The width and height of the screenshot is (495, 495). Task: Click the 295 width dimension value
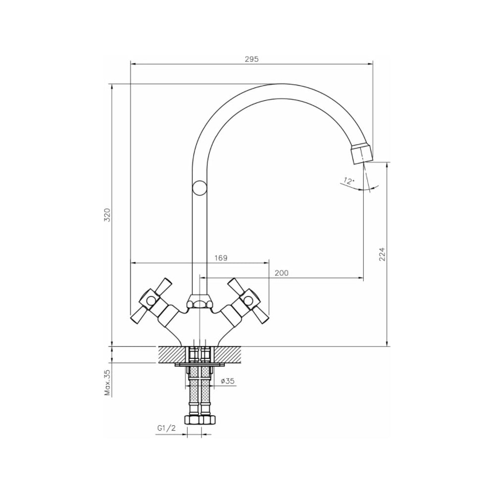251,59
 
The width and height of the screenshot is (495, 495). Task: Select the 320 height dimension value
107,215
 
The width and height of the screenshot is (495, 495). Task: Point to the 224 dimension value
382,254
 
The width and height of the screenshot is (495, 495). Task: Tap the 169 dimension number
221,258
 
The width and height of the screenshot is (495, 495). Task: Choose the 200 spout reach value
281,273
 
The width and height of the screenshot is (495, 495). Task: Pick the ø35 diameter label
228,381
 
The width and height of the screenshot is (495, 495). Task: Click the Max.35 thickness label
107,383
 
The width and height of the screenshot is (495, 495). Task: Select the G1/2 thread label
166,428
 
